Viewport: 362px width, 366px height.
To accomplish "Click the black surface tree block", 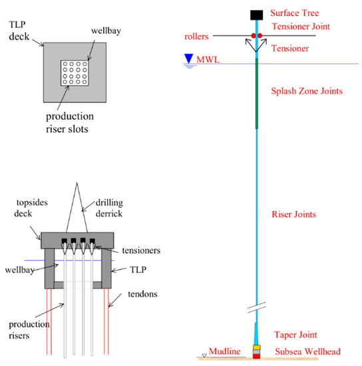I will click(256, 15).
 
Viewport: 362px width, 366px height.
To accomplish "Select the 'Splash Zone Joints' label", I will click(307, 91).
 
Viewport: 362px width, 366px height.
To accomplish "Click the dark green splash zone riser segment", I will click(256, 94).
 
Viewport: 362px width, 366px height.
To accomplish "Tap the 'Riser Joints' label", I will click(293, 214).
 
